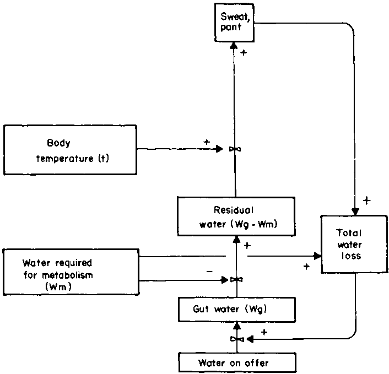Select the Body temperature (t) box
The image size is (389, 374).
tap(70, 150)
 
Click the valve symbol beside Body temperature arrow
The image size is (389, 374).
tap(235, 149)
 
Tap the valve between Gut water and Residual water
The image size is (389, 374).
tap(236, 280)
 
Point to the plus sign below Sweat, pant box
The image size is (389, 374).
tap(244, 53)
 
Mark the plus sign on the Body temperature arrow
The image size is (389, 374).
tap(207, 142)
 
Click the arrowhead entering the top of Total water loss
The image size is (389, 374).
tap(355, 212)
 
